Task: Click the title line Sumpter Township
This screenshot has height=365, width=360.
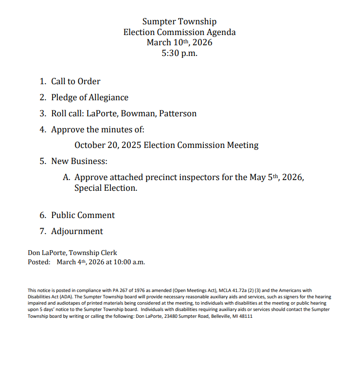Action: [x=180, y=22]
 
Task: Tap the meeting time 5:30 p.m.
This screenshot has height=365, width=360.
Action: [x=180, y=53]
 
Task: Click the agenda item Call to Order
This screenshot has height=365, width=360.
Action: [x=76, y=82]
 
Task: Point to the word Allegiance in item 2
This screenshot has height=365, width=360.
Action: [x=108, y=98]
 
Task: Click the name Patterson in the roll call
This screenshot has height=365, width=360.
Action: [x=179, y=114]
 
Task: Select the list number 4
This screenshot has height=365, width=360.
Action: [x=42, y=130]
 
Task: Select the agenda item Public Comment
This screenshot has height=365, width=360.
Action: [x=83, y=216]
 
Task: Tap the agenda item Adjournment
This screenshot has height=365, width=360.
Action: [x=77, y=232]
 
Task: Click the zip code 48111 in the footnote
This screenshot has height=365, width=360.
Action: [x=245, y=316]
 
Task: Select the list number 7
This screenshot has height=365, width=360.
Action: [x=42, y=232]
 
